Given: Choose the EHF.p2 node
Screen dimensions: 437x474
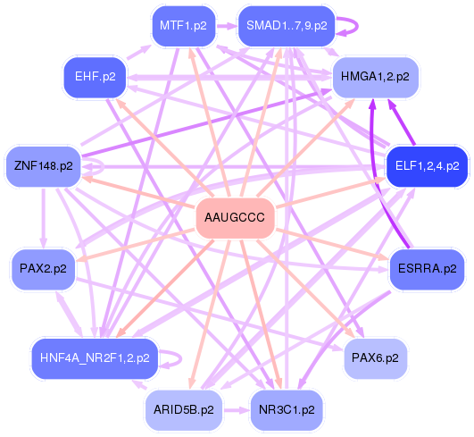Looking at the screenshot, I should [96, 77].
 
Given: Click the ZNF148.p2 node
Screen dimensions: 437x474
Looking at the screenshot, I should [44, 165].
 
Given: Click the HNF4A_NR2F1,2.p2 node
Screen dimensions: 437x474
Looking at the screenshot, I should [95, 357].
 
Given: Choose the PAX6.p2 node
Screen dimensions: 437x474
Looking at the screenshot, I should [376, 357].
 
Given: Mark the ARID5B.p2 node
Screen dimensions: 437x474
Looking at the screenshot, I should [183, 409].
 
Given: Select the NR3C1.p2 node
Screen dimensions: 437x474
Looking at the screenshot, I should [287, 409].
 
